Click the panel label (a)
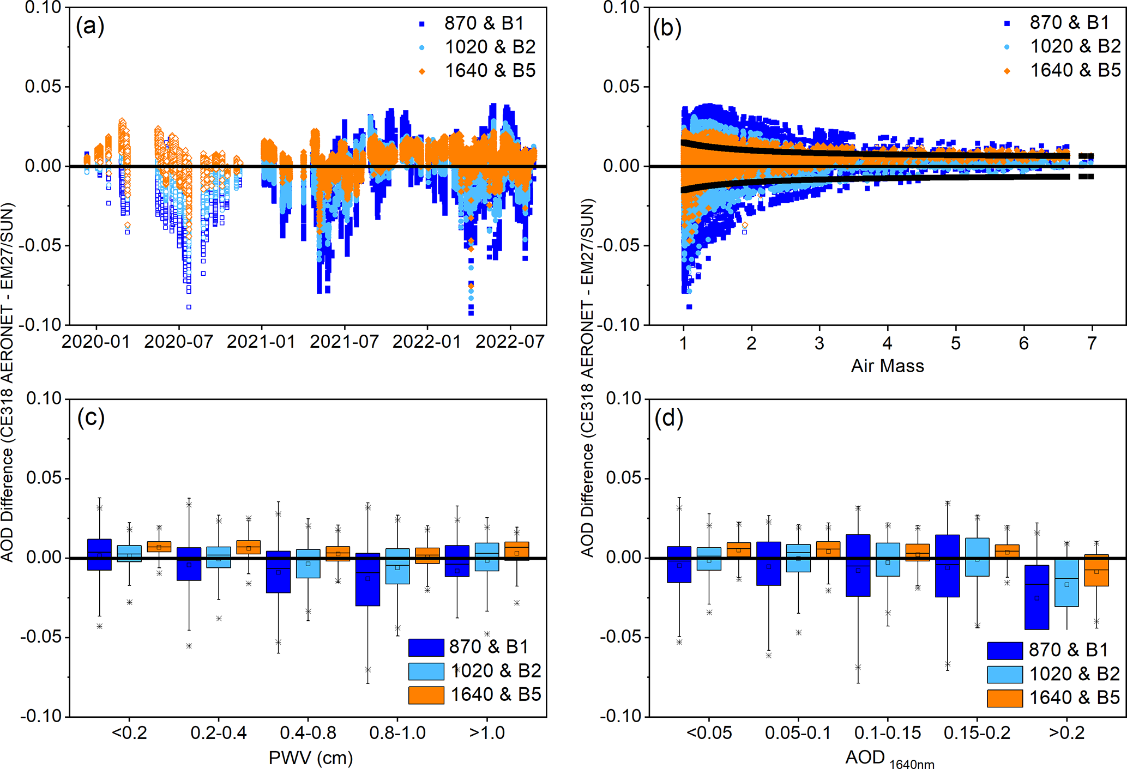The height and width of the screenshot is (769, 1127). [x=90, y=26]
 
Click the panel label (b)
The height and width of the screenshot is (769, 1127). [x=667, y=27]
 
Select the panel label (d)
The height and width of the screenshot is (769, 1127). [x=668, y=418]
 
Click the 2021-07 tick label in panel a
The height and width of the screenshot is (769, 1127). [x=344, y=342]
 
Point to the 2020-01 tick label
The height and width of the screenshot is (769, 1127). [x=96, y=342]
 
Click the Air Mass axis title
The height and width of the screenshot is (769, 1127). [x=887, y=366]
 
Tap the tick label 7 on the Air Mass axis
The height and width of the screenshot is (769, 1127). [x=1091, y=343]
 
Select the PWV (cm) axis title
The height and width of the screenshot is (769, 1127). [x=311, y=757]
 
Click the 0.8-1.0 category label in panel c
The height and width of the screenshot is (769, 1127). [x=397, y=732]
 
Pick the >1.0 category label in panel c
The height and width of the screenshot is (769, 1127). [x=487, y=732]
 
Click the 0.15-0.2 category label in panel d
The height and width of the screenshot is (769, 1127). [x=977, y=732]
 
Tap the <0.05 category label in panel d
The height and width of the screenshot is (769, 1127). [x=709, y=732]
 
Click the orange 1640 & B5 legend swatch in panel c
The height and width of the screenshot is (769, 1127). [x=426, y=695]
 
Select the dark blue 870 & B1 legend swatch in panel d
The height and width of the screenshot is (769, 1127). [x=1004, y=650]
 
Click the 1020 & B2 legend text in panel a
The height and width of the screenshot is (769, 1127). [x=490, y=47]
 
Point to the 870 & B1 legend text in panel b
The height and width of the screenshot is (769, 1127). [x=1069, y=22]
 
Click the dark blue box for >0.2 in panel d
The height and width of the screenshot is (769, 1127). [x=1036, y=597]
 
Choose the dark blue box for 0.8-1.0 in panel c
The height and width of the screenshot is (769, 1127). [x=367, y=579]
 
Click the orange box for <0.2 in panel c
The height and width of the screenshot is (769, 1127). [x=159, y=547]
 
